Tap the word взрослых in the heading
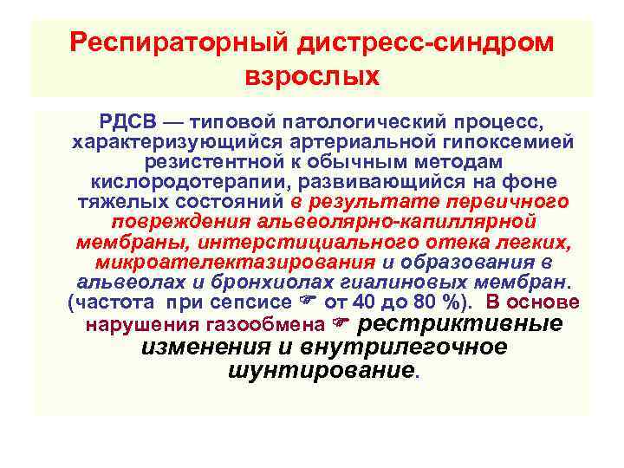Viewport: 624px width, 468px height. pos(313,76)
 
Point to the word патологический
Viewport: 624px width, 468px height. pos(345,121)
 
